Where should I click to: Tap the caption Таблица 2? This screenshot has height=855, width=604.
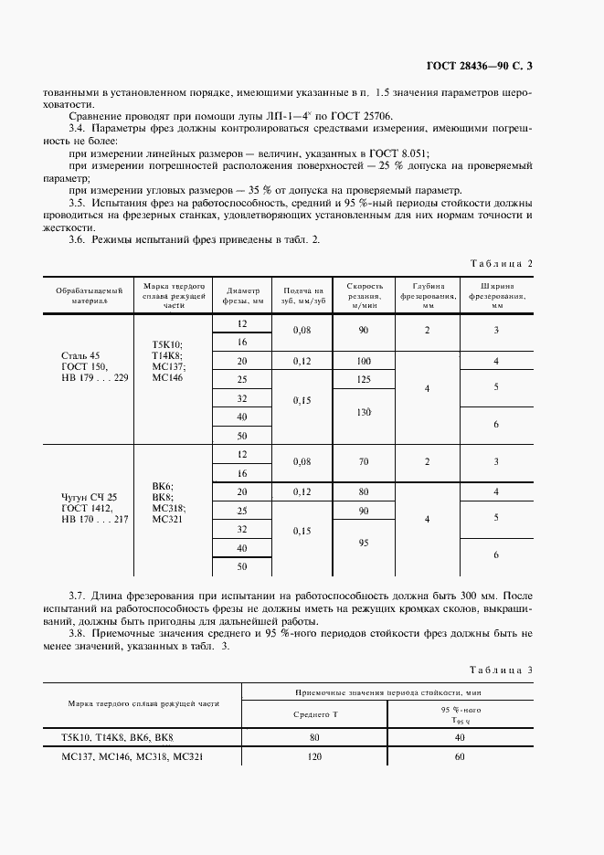point(501,263)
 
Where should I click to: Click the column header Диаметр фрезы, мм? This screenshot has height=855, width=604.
point(242,294)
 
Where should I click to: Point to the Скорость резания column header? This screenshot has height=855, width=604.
point(364,294)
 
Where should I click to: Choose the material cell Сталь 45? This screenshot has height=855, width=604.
point(69,354)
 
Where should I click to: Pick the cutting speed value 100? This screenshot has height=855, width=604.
point(364,361)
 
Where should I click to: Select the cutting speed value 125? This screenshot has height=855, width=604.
point(364,379)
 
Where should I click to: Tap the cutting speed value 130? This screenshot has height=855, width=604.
point(364,411)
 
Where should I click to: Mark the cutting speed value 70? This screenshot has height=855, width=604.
point(364,462)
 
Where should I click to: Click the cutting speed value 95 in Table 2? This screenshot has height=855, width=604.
point(364,543)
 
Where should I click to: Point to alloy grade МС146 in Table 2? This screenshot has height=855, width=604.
point(167,376)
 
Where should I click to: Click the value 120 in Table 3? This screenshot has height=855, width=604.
point(314,757)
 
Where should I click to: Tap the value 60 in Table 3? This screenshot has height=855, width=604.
point(460,757)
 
